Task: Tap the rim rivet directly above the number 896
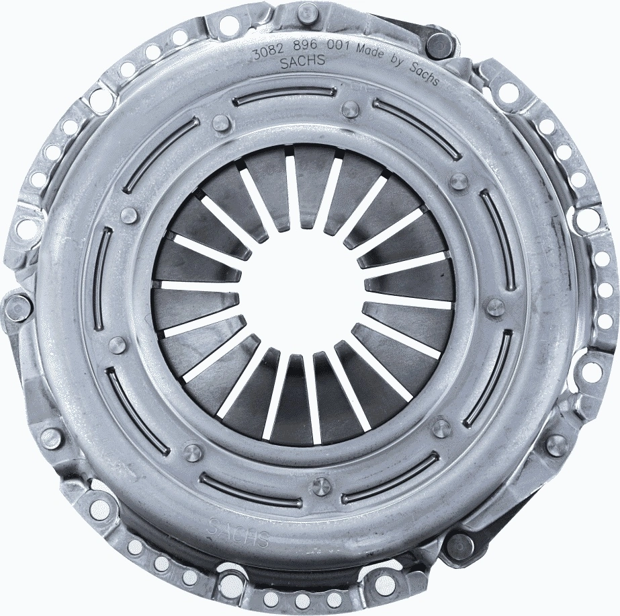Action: click(308, 11)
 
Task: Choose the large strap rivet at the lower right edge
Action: click(460, 545)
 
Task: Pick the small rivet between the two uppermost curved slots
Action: click(351, 110)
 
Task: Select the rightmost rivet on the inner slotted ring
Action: click(495, 307)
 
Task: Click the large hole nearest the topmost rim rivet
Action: click(229, 26)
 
